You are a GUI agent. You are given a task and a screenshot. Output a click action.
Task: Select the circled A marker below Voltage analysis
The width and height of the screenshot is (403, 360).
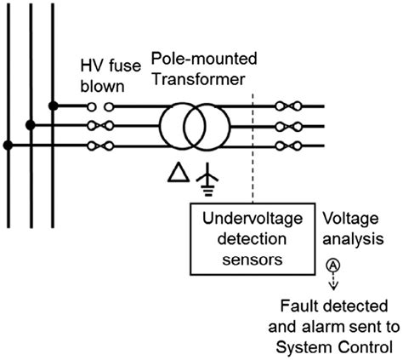333,266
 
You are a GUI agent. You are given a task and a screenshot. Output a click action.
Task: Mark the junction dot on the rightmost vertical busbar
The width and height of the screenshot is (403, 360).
53,106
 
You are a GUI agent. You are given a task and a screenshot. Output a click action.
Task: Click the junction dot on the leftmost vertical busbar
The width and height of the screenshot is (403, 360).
9,146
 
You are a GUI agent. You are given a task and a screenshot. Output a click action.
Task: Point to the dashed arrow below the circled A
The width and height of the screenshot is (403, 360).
333,282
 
